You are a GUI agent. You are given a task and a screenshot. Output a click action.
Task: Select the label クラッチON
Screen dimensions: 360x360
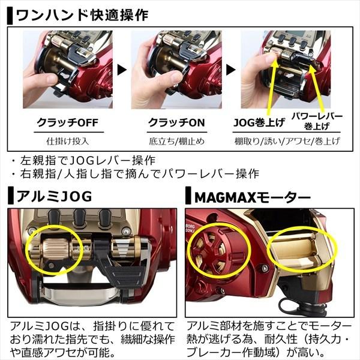click(176, 122)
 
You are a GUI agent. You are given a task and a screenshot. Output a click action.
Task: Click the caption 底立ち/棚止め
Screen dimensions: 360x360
click(176, 142)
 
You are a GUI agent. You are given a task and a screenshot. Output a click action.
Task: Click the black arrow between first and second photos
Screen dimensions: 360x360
click(122, 70)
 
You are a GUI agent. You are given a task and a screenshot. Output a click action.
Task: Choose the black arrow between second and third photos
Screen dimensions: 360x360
click(236, 70)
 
